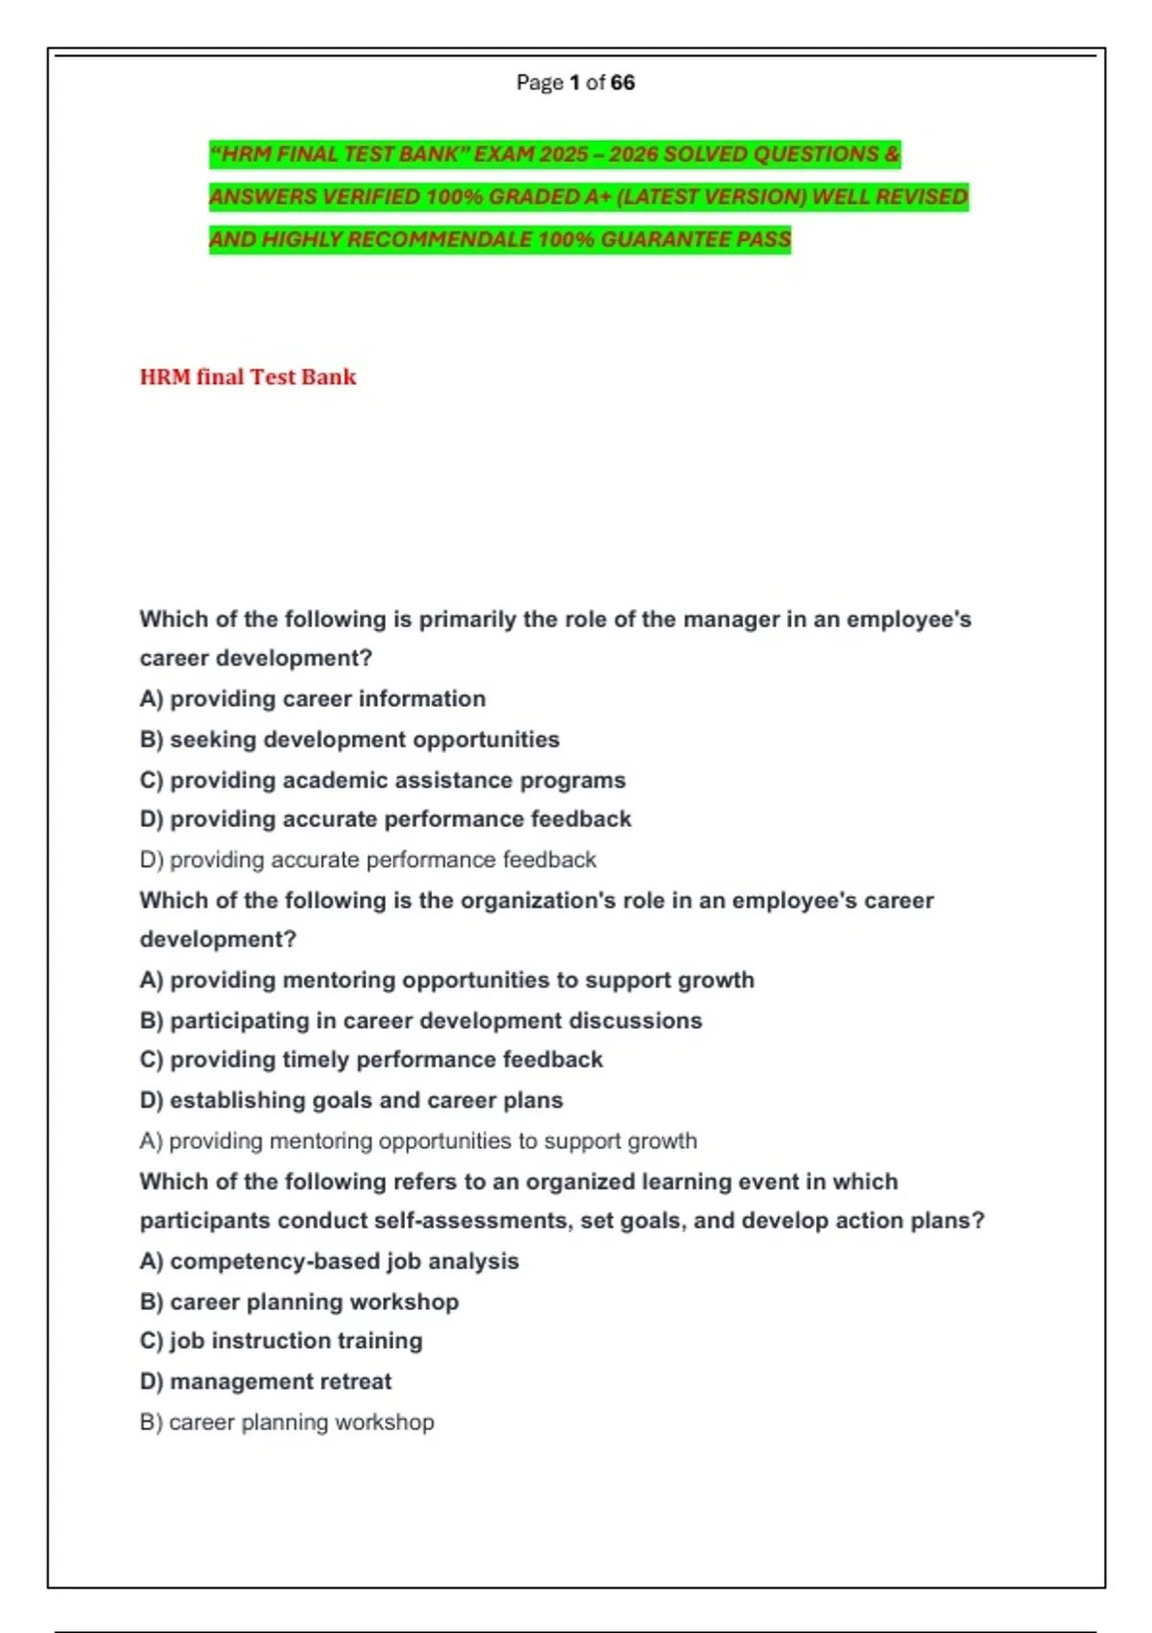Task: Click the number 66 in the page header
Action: coord(622,83)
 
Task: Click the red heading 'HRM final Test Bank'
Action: coord(248,377)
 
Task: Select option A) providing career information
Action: coord(312,698)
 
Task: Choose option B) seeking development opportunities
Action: coord(349,740)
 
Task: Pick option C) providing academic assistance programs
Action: coord(382,780)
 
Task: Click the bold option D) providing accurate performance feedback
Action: coord(385,819)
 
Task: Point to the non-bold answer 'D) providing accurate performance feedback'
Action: coord(368,860)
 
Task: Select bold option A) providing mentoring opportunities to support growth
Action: coord(446,980)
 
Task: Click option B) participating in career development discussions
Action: coord(420,1020)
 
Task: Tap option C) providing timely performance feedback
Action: coord(371,1060)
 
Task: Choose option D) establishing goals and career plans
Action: coord(351,1100)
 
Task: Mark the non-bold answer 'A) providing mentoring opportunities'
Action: coord(418,1141)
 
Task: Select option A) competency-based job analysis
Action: coord(329,1261)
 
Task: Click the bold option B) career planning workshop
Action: coord(299,1302)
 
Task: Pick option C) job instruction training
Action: coord(280,1341)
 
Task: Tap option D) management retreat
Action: coord(265,1381)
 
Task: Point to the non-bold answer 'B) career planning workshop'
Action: coord(286,1422)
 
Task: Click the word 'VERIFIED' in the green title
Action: coord(371,197)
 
